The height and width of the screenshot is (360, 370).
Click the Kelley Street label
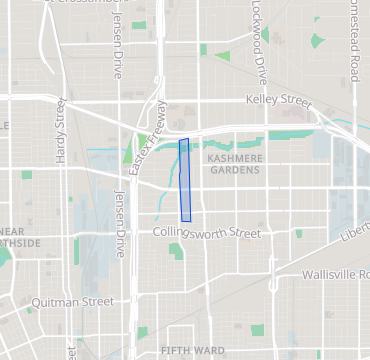[279, 100]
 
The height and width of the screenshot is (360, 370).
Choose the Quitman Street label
[71, 301]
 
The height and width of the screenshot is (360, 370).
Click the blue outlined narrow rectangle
[185, 180]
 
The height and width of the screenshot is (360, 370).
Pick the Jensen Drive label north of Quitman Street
[121, 223]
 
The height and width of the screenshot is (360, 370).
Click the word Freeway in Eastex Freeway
[154, 123]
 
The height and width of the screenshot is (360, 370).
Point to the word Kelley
[263, 100]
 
